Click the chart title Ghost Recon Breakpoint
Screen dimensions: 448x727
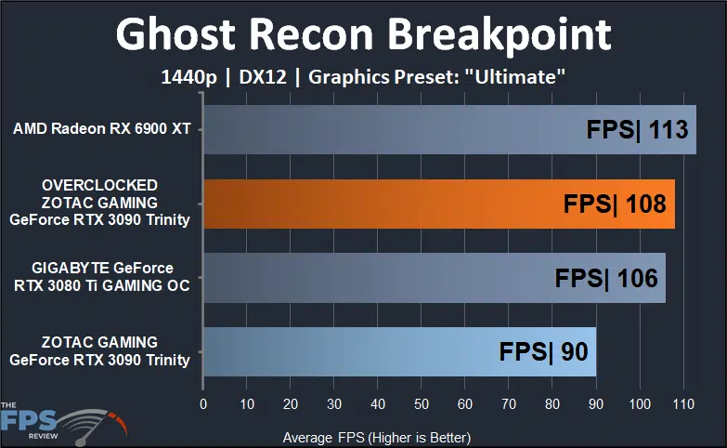tap(363, 34)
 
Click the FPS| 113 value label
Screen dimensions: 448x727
tap(638, 129)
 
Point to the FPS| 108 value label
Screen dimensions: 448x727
tap(615, 204)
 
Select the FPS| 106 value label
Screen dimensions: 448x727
tap(605, 278)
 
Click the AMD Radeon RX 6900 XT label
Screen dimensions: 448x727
tap(102, 129)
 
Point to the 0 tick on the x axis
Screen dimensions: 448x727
tap(203, 404)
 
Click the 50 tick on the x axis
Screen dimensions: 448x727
tap(422, 404)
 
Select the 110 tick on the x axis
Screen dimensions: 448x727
tap(683, 404)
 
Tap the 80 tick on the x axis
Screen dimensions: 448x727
tap(552, 404)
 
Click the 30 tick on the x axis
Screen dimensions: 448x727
tap(334, 404)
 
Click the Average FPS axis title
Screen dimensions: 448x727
tap(376, 436)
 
